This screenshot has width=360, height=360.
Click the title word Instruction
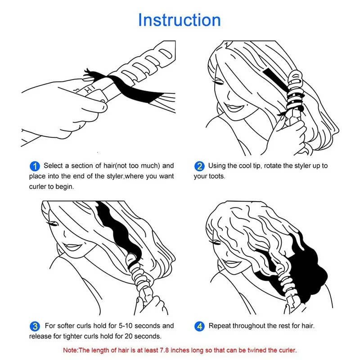179,20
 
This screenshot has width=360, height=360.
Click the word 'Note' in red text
71,350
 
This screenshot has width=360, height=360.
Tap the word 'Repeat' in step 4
220,326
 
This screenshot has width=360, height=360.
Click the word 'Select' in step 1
54,166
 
